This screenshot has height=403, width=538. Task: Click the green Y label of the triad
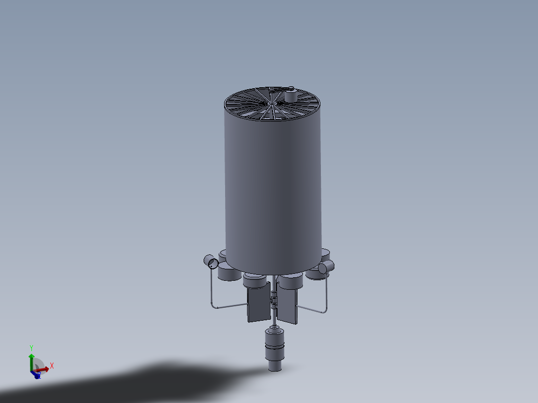[x=31, y=347]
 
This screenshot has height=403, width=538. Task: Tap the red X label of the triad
[x=52, y=366]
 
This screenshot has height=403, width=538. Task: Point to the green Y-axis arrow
[x=31, y=360]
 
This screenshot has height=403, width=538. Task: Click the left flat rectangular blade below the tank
[x=258, y=304]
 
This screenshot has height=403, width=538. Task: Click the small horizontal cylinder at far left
[x=211, y=261]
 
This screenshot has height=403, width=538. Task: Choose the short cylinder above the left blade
[x=255, y=281]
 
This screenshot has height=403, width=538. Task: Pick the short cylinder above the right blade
[x=290, y=282]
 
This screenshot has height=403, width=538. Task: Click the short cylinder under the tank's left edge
[x=228, y=272]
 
